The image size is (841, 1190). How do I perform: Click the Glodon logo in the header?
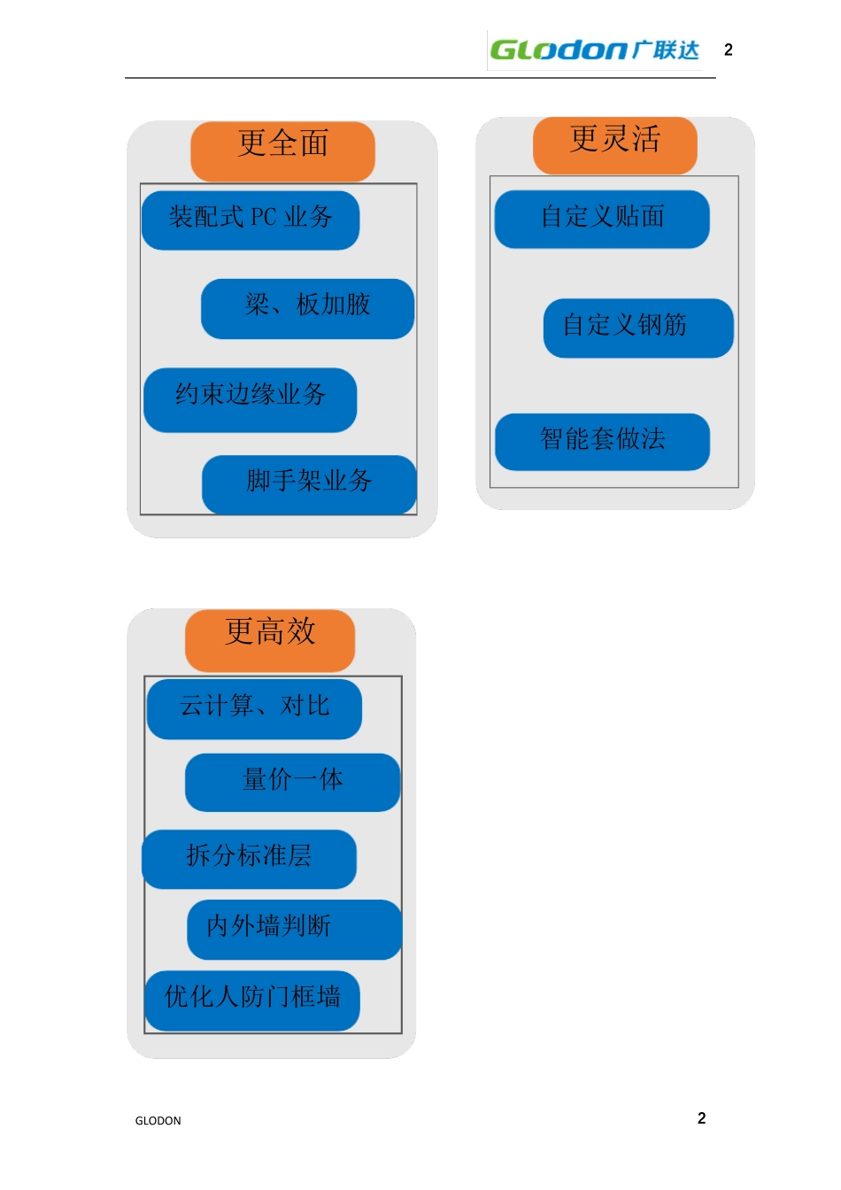coord(595,50)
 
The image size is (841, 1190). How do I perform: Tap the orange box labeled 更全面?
coord(282,151)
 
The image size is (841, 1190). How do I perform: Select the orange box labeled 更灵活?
coord(614,145)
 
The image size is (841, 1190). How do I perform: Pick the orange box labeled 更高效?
coord(270,641)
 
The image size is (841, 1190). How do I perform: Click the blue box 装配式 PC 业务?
coord(251,220)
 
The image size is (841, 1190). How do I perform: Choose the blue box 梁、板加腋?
coord(307,309)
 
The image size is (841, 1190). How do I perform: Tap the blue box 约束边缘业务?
coord(250,400)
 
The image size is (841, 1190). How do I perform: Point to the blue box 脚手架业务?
coord(309,484)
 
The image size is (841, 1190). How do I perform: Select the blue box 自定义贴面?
coord(602,219)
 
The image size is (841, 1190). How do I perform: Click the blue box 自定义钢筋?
coord(638,328)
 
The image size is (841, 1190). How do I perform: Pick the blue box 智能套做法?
coord(603,442)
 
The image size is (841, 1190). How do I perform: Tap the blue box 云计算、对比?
coord(254,709)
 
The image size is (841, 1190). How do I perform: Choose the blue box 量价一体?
coord(292,783)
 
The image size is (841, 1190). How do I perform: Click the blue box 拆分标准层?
coord(249,859)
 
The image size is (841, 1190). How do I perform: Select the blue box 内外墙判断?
coord(294,930)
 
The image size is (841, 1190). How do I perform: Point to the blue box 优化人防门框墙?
coord(251,1001)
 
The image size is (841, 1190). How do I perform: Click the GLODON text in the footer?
coord(158,1121)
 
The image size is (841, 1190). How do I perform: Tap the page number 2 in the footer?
coord(701,1118)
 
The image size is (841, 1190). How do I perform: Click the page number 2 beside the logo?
coord(728,50)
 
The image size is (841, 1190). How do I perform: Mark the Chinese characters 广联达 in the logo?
coord(666,50)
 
